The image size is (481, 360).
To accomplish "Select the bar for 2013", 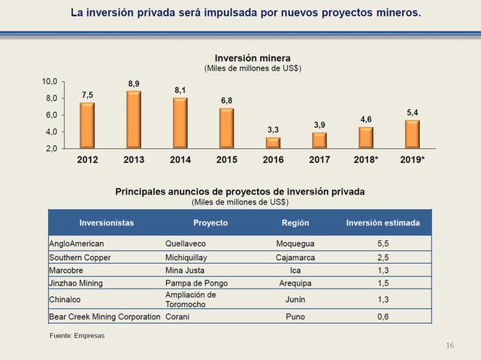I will [x=134, y=119].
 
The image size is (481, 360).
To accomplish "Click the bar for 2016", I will [x=273, y=143].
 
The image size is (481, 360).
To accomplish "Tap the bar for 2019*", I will [x=412, y=134].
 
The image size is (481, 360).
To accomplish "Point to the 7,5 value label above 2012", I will [x=88, y=95].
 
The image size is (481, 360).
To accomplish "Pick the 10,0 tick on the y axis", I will [x=50, y=81].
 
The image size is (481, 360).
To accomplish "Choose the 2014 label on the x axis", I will [x=180, y=159].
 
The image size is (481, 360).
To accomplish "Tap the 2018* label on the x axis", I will [x=366, y=159].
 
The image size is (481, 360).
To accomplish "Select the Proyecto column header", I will [x=210, y=223].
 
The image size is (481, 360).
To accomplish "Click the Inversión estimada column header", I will [x=383, y=223].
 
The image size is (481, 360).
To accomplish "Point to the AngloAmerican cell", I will [x=76, y=244].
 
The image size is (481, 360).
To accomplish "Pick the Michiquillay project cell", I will [x=189, y=257].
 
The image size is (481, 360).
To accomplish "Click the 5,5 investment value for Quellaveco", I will [x=383, y=244].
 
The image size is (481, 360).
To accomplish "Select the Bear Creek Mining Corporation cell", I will [x=104, y=316].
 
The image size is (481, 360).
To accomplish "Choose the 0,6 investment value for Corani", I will [x=383, y=316].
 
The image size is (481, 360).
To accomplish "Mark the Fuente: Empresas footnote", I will [x=77, y=334].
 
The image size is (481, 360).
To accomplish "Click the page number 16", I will [x=449, y=345].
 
